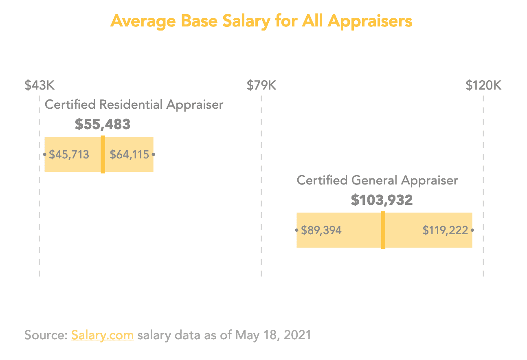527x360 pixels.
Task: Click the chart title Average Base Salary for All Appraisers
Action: click(261, 21)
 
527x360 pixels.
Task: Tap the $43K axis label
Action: click(40, 86)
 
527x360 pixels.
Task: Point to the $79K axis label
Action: click(261, 86)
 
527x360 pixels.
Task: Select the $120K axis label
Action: click(483, 86)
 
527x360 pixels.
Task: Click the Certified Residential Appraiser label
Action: click(134, 105)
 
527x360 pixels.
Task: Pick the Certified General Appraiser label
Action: click(377, 180)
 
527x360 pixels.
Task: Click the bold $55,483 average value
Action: click(103, 125)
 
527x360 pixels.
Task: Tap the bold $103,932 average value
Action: click(382, 200)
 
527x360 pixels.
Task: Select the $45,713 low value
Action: click(69, 155)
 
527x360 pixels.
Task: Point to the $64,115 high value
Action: click(130, 155)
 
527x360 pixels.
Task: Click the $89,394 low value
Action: click(321, 230)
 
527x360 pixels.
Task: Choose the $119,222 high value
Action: click(445, 230)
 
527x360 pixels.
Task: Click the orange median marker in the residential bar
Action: click(103, 154)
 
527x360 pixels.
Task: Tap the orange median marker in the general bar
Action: click(383, 230)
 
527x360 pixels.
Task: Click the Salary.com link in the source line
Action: click(102, 335)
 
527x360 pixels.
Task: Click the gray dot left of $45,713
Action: click(44, 155)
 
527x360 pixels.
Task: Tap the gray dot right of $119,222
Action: click(472, 230)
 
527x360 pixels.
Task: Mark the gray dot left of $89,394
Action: click(296, 230)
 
